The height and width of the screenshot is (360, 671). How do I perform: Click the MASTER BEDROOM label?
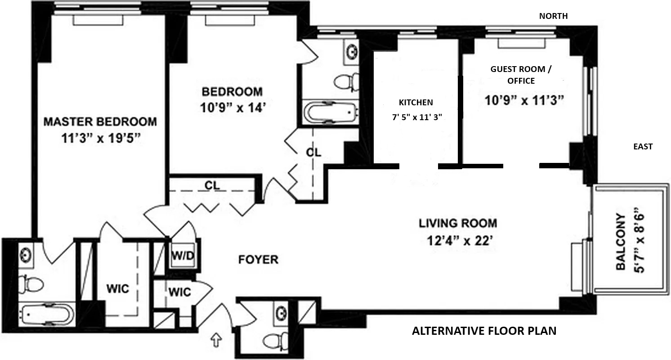(x=100, y=121)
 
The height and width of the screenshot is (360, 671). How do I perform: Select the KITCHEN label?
(x=416, y=102)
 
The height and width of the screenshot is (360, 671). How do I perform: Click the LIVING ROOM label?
(x=458, y=223)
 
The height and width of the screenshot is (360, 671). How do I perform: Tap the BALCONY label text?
(x=621, y=242)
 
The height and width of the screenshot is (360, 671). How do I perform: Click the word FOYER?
(x=258, y=260)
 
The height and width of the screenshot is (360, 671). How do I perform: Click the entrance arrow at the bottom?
(x=217, y=341)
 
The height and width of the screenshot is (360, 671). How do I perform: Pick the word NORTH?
(x=553, y=16)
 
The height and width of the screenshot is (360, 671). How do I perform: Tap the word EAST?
(x=643, y=146)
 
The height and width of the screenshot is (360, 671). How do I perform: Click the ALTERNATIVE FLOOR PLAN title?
(x=484, y=331)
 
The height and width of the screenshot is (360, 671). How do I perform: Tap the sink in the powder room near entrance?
(x=282, y=312)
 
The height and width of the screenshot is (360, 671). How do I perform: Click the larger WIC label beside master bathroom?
(x=118, y=288)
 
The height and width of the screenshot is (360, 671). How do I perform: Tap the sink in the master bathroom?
(x=26, y=254)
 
